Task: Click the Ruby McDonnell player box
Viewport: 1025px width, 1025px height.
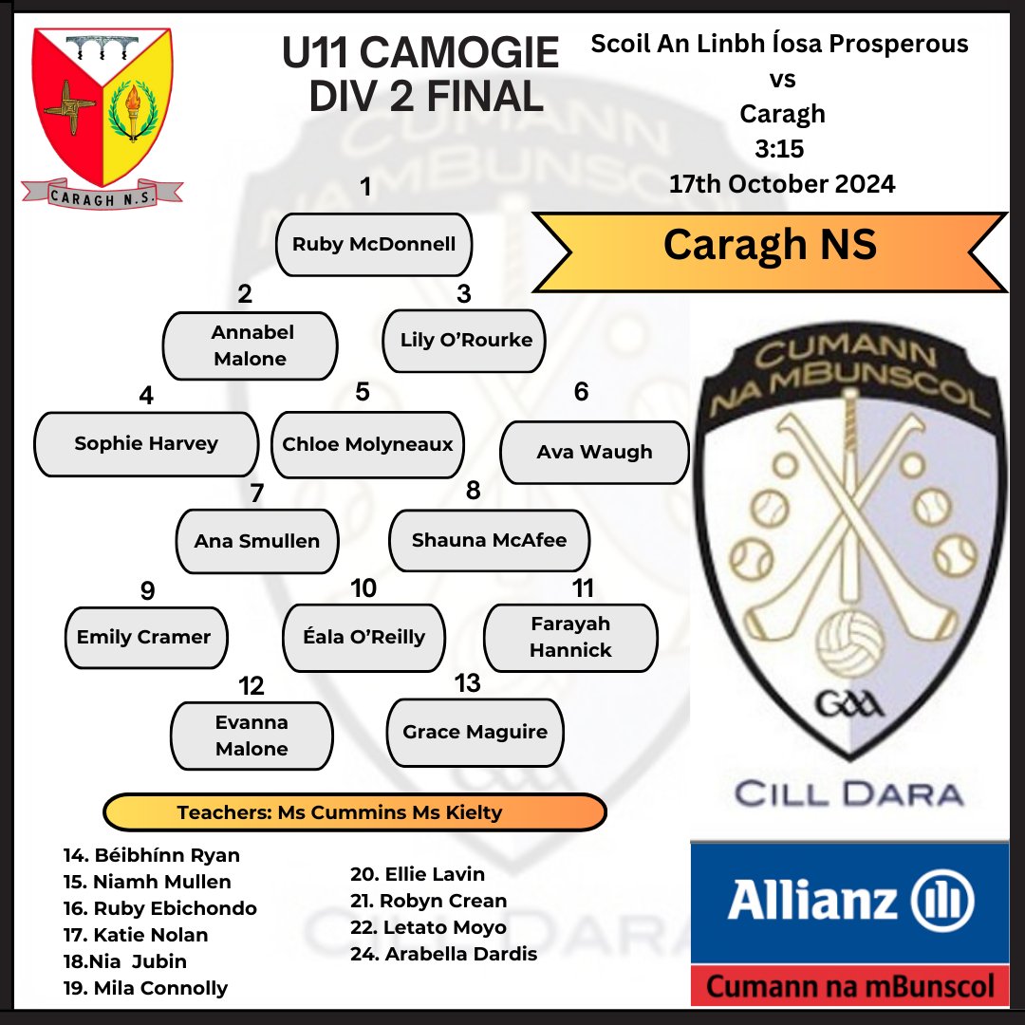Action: click(373, 245)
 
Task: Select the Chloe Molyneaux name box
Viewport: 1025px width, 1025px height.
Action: click(367, 444)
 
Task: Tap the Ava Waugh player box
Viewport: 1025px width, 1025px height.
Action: click(594, 453)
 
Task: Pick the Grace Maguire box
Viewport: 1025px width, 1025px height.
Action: click(475, 732)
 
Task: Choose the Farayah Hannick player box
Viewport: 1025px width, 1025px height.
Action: click(570, 638)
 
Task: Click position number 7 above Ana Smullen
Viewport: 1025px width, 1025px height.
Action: click(257, 493)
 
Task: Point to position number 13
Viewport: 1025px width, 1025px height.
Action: click(467, 683)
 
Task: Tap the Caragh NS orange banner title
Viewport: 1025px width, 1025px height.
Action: click(770, 245)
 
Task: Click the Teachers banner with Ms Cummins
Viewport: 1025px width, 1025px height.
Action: click(355, 812)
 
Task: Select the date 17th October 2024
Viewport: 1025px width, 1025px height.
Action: click(782, 184)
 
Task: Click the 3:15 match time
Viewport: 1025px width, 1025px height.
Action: click(779, 149)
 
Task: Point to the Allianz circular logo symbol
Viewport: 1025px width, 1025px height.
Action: click(942, 900)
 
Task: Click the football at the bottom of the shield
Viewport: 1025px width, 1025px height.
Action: click(849, 643)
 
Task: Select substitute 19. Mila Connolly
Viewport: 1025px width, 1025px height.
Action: click(145, 988)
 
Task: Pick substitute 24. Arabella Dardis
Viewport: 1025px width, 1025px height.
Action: click(443, 954)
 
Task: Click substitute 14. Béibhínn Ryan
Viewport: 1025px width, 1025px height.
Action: click(152, 855)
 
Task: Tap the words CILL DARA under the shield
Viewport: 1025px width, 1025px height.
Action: click(849, 794)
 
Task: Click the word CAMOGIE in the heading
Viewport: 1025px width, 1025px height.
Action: click(459, 52)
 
